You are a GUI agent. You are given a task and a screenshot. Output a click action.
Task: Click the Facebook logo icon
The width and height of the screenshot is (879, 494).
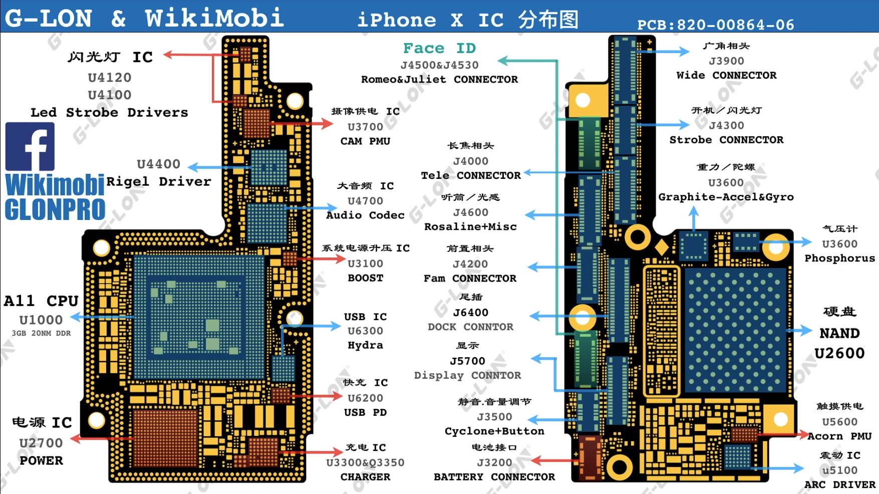[x=30, y=147]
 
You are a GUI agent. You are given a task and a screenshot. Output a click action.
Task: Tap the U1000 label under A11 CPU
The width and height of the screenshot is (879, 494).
[x=41, y=320]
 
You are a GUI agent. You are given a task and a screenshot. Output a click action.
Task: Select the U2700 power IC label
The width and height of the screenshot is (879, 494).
[x=41, y=443]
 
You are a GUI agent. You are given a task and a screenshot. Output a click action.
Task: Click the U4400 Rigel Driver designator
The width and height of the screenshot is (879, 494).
[x=158, y=164]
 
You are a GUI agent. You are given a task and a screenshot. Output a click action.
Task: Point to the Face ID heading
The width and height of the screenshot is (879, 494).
[x=439, y=48]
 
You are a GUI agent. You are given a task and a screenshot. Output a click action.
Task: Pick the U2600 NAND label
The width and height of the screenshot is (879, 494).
[x=839, y=353]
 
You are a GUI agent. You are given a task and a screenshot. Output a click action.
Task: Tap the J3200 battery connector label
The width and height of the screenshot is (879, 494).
[x=494, y=462]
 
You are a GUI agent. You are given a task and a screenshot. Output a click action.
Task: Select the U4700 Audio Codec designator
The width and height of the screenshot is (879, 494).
[x=365, y=201]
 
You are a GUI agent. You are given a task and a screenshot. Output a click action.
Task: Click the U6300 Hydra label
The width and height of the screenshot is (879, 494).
[x=365, y=331]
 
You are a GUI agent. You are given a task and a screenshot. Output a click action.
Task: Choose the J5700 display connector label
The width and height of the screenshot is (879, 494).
[x=467, y=361]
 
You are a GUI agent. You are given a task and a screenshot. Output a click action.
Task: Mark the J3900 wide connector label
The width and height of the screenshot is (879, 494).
[x=726, y=61]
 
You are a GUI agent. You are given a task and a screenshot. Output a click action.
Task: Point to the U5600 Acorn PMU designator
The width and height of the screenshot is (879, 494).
[x=839, y=422]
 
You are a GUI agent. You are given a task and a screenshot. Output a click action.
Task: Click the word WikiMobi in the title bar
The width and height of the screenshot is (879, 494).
[x=214, y=18]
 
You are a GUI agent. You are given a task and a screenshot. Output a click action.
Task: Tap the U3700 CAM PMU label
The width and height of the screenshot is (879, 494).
[x=365, y=127]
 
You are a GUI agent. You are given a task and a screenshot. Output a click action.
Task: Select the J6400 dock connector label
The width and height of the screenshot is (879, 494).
[x=470, y=312]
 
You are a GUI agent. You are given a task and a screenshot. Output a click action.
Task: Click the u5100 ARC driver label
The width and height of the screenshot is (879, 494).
[x=839, y=470]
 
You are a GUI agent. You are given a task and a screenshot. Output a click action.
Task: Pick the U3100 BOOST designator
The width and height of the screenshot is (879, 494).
[x=365, y=264]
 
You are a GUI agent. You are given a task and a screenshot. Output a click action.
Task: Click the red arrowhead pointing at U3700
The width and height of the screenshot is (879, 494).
[x=328, y=123]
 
